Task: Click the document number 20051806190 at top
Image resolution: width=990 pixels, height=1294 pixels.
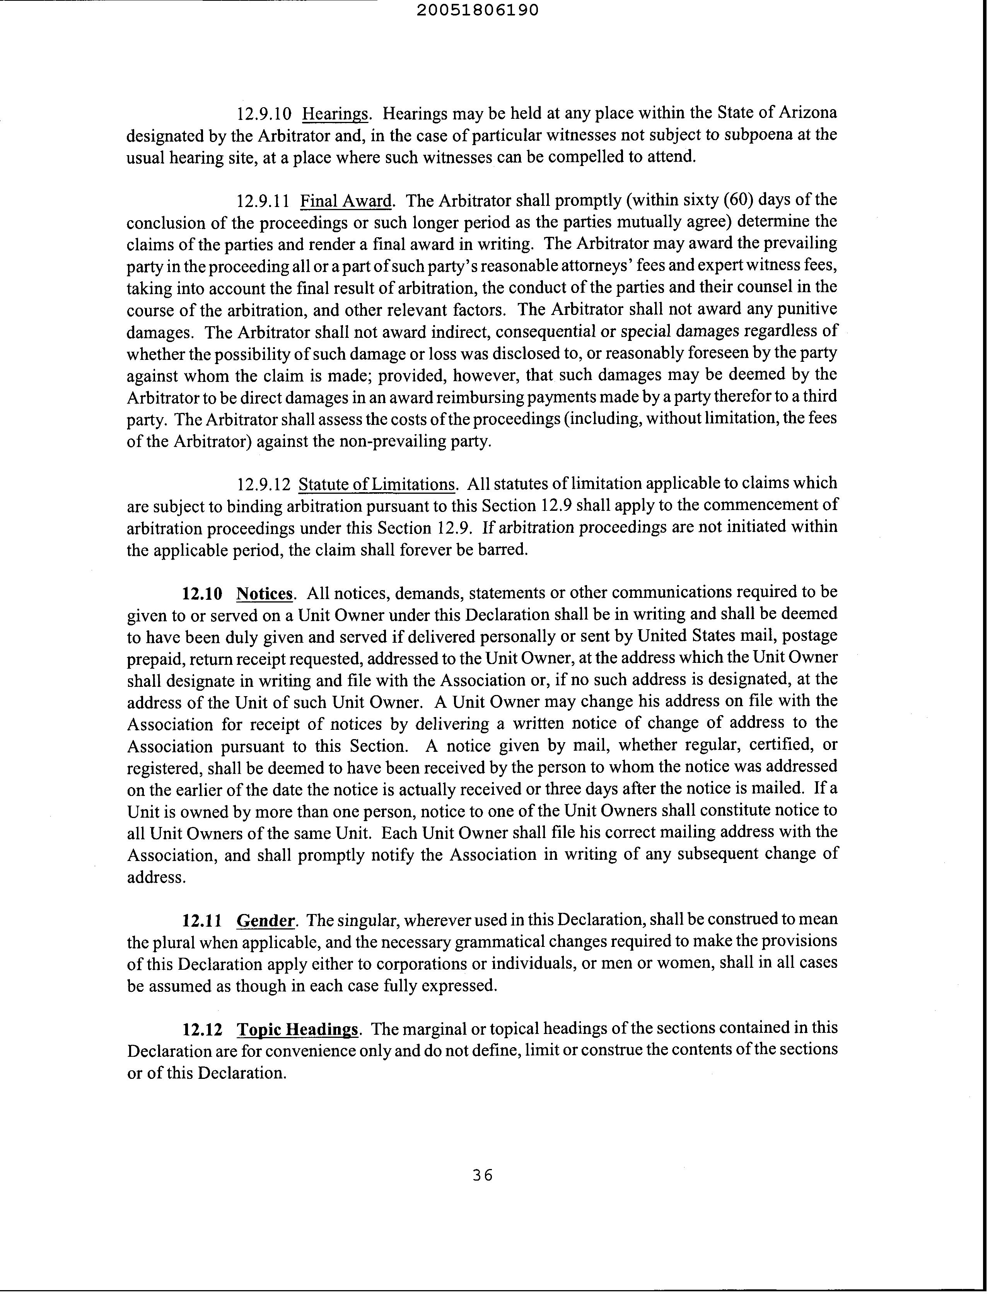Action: pyautogui.click(x=477, y=10)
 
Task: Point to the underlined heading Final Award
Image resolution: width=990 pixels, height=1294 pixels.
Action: pyautogui.click(x=346, y=201)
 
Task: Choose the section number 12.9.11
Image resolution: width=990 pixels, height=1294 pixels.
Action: pyautogui.click(x=263, y=201)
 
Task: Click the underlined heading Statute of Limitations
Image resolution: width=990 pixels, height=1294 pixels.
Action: pyautogui.click(x=377, y=484)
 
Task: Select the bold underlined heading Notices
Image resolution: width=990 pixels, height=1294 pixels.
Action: pyautogui.click(x=265, y=593)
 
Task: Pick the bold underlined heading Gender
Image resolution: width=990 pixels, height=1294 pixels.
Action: pyautogui.click(x=265, y=920)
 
